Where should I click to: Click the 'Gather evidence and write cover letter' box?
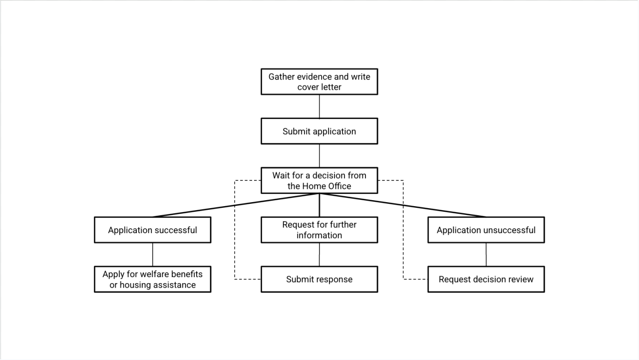[319, 81]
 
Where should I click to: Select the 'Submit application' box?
[319, 131]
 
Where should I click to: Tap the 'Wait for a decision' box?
[319, 181]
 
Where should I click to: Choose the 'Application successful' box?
[153, 230]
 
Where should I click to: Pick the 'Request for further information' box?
[319, 230]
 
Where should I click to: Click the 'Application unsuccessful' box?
[486, 230]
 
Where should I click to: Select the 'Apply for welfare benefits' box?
[153, 279]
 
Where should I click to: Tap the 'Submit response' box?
[319, 279]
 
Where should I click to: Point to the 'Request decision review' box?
[486, 279]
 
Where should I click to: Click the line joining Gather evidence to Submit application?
[319, 106]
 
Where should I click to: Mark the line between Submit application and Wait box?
[319, 156]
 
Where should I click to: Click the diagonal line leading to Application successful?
[236, 205]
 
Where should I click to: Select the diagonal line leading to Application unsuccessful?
[403, 205]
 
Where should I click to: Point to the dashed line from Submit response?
[235, 230]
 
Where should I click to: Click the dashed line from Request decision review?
[403, 230]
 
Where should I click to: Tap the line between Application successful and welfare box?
[153, 255]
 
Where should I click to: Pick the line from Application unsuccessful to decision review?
[486, 255]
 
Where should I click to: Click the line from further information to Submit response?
[319, 255]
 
